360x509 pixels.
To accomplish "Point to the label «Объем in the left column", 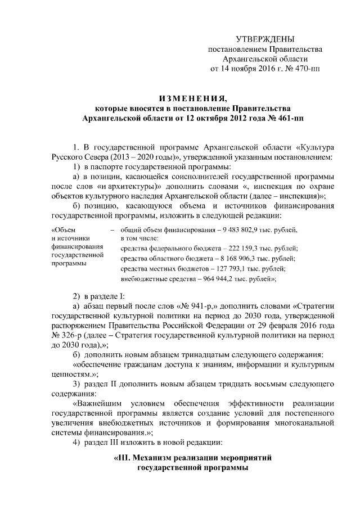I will pyautogui.click(x=62, y=230).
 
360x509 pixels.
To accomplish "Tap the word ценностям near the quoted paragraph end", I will pyautogui.click(x=72, y=375).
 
